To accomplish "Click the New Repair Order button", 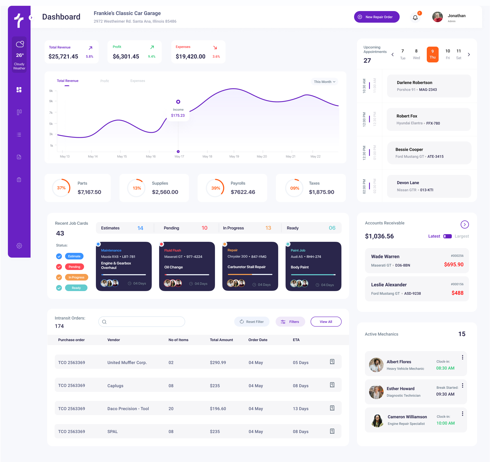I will (x=376, y=17).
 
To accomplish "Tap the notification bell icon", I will (x=415, y=18).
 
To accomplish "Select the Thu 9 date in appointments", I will (x=432, y=54).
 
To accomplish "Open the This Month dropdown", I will (x=324, y=82).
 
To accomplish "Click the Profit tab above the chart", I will (x=104, y=81).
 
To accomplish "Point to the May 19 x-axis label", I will (x=234, y=156).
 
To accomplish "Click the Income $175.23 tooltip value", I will (x=178, y=115).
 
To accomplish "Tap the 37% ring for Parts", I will (x=61, y=188).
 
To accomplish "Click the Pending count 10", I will (x=204, y=228).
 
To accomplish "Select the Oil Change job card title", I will (x=173, y=267).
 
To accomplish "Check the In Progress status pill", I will (x=76, y=277).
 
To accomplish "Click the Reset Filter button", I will (x=252, y=322).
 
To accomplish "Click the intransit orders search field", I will (x=142, y=322).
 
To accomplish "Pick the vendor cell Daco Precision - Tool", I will (x=128, y=409).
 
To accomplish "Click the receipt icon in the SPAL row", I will (x=332, y=431).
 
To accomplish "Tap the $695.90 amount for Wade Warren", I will (x=454, y=264).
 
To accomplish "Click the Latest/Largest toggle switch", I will (x=447, y=236).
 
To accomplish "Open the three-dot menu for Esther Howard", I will (x=462, y=386).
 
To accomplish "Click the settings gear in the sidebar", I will (x=19, y=246).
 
